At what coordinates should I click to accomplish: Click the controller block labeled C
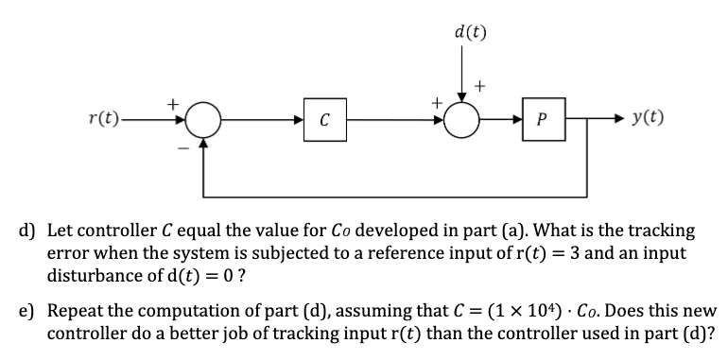323,120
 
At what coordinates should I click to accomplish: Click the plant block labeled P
539,120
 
